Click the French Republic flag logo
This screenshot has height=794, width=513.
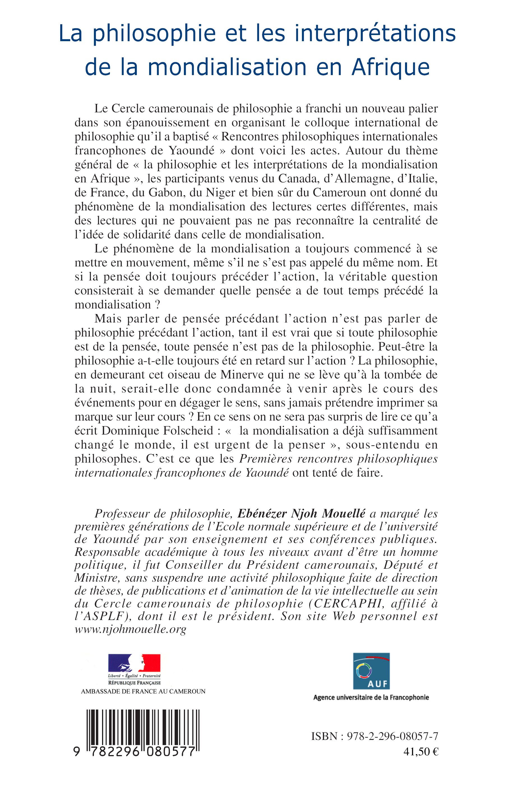(134, 663)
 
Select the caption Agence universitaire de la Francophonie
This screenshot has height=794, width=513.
(371, 698)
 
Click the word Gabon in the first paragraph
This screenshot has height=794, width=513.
(167, 192)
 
